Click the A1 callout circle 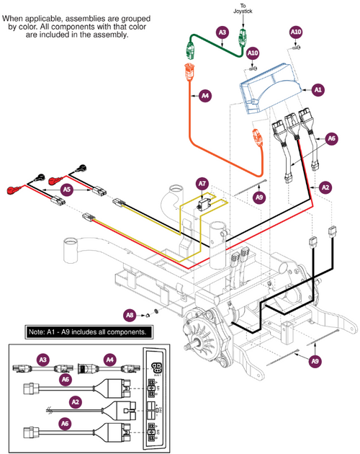tap(317, 90)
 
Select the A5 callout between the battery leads tap(66, 190)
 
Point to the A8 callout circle tap(130, 314)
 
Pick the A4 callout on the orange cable tap(205, 94)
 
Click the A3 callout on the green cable tap(222, 32)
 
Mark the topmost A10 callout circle tap(296, 32)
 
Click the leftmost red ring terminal tap(17, 190)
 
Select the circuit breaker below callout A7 tap(206, 203)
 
